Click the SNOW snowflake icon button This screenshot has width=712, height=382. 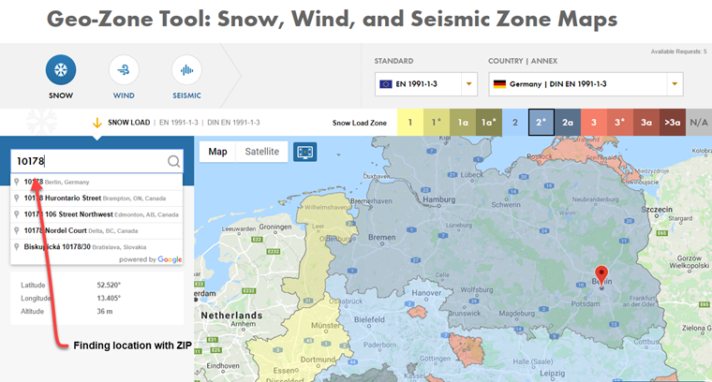point(61,71)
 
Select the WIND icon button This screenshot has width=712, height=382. point(124,71)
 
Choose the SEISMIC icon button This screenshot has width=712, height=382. point(186,71)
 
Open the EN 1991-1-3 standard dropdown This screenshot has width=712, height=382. point(426,85)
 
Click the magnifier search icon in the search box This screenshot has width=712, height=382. point(173,161)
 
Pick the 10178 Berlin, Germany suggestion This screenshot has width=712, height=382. point(58,182)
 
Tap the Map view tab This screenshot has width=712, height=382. point(217,152)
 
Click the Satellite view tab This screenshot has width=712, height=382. point(261,152)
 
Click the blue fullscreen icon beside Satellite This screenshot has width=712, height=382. point(304,152)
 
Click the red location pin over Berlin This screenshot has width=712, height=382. point(601,276)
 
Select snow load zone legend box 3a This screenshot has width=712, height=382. point(645,122)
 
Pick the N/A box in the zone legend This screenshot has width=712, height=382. point(699,122)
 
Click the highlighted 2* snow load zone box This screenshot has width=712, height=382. point(541,122)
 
